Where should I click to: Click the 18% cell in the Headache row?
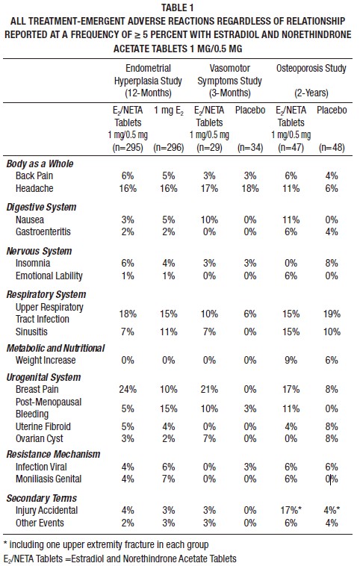[252, 189]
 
